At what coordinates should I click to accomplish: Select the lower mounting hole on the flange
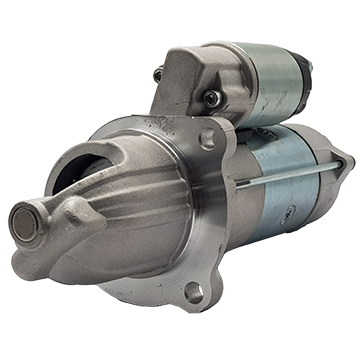click(193, 291)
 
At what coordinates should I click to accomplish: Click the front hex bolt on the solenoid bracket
click(212, 98)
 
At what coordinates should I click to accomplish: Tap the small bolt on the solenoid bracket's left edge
click(158, 75)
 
